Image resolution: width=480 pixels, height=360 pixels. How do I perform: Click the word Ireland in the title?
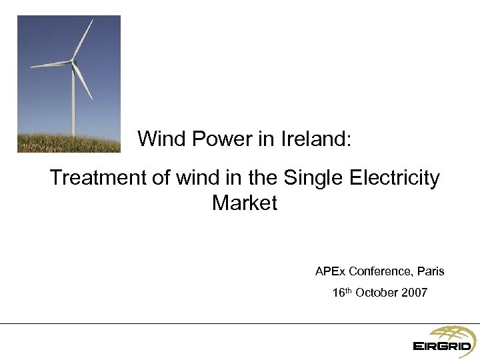click(x=315, y=139)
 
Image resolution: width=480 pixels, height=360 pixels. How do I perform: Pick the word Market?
click(x=244, y=203)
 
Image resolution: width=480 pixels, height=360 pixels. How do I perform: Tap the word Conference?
click(x=379, y=272)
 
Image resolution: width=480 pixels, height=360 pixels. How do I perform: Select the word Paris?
click(x=431, y=272)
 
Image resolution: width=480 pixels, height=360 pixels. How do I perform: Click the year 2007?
click(x=414, y=293)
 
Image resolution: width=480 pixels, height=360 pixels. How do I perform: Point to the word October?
click(x=376, y=293)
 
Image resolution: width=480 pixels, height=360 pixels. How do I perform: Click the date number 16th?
click(x=341, y=293)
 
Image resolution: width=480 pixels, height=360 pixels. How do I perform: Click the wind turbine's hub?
click(x=72, y=63)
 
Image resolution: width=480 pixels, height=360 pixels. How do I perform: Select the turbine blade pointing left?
click(x=50, y=65)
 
